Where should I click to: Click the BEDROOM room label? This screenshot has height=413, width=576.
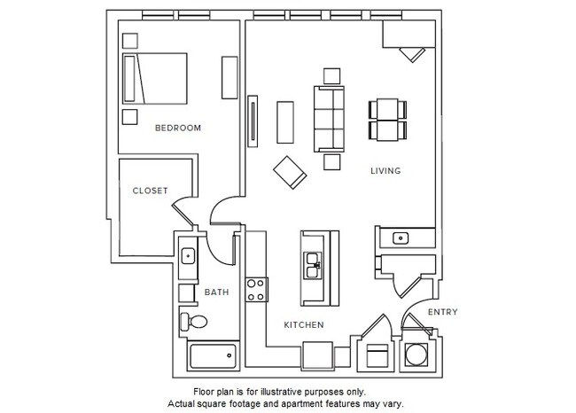pyautogui.click(x=177, y=129)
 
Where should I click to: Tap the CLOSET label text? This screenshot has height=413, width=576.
pyautogui.click(x=150, y=191)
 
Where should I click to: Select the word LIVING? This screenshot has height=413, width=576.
pyautogui.click(x=386, y=171)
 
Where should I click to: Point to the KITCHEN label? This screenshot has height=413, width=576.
pyautogui.click(x=303, y=325)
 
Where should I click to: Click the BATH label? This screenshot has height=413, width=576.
pyautogui.click(x=216, y=292)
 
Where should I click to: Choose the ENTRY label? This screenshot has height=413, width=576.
pyautogui.click(x=442, y=312)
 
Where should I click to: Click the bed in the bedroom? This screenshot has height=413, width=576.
pyautogui.click(x=155, y=79)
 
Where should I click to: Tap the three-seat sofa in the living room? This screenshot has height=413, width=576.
pyautogui.click(x=330, y=119)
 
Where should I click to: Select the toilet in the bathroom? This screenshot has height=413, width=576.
pyautogui.click(x=192, y=321)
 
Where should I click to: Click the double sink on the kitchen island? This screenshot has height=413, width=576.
pyautogui.click(x=315, y=261)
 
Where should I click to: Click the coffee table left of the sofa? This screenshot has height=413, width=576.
pyautogui.click(x=285, y=121)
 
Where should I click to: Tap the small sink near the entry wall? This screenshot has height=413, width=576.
pyautogui.click(x=400, y=238)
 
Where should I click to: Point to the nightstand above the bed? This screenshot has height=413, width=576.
pyautogui.click(x=130, y=40)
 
